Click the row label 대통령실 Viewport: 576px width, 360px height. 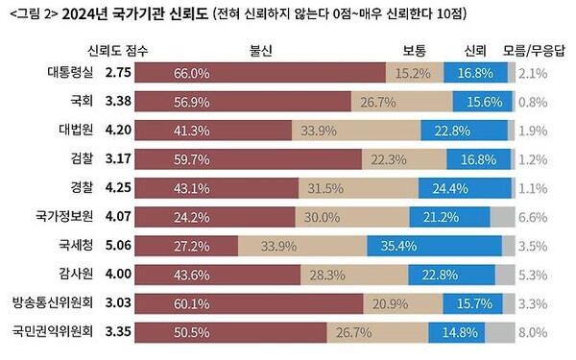point(72,73)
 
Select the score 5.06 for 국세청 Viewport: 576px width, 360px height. point(117,246)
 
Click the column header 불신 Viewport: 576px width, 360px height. point(261,49)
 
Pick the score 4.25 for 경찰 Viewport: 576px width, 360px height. point(117,188)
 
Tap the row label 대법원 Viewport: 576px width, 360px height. point(72,131)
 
